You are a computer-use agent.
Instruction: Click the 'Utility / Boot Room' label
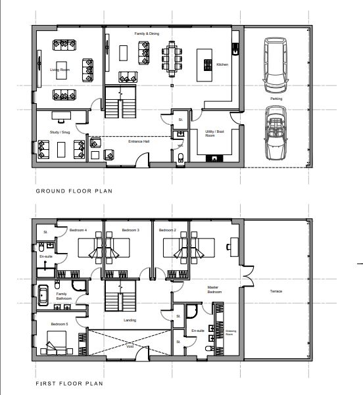tap(210, 134)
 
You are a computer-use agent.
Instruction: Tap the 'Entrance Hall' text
tap(137, 141)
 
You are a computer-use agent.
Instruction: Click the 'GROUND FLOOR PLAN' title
tap(74, 192)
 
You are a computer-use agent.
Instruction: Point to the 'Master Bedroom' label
tap(212, 289)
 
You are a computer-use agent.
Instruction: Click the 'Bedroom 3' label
tap(130, 231)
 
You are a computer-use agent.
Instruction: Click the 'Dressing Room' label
tap(229, 334)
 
